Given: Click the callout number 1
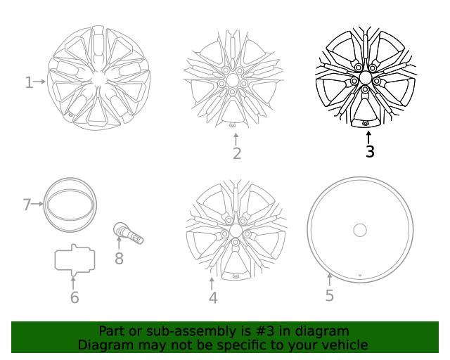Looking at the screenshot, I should (29, 83).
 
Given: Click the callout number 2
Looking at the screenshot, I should (237, 153).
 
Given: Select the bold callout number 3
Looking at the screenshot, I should (370, 151).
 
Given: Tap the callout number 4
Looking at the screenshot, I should (213, 298).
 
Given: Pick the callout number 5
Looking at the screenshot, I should (330, 295).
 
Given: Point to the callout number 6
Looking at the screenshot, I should (75, 297).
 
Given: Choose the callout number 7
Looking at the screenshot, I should (27, 205).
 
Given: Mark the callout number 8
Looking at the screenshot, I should (119, 259).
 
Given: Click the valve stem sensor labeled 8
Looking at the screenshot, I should (128, 233).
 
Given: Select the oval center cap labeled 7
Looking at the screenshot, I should (70, 205).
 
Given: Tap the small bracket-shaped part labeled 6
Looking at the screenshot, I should (74, 259).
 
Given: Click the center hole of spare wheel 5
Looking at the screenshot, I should (360, 230).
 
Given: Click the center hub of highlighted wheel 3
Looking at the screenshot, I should (366, 79).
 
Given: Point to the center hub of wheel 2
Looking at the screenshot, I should (233, 80).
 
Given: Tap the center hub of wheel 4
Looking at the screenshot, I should (236, 231).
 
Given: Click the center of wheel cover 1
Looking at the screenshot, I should (98, 79).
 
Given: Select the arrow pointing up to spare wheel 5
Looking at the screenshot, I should (329, 279).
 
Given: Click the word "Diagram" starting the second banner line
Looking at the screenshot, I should (105, 345).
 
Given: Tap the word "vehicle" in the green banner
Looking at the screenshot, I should (344, 345).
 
